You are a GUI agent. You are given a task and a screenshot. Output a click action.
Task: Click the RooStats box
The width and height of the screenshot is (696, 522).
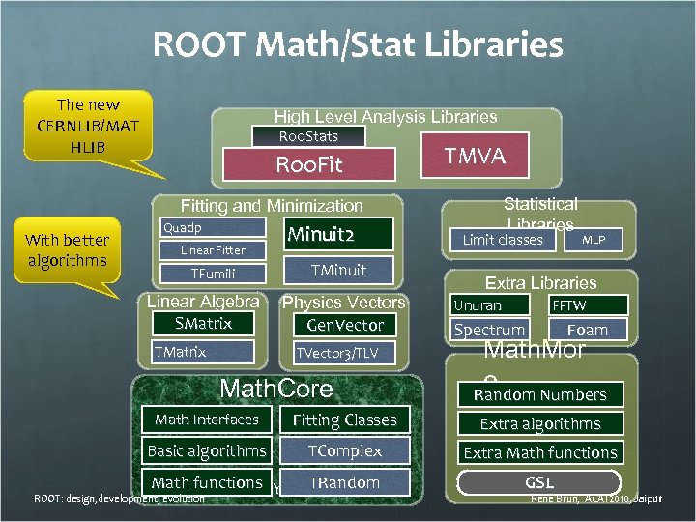coord(308,136)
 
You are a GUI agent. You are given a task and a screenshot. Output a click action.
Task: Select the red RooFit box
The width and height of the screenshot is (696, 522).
coord(309,164)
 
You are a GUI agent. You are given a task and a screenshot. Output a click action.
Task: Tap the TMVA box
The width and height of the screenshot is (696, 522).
coord(475,157)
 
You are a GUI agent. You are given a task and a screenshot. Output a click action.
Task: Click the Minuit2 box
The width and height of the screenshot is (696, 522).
coord(338,235)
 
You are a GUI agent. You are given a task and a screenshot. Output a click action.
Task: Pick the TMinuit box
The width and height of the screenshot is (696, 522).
coord(338,270)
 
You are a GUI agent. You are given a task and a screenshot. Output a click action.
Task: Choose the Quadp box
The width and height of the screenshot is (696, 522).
coord(213,228)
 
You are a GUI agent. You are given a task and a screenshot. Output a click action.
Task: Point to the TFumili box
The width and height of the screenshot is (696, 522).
coord(213,274)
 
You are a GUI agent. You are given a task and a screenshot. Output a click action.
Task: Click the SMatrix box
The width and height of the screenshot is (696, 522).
coord(203,323)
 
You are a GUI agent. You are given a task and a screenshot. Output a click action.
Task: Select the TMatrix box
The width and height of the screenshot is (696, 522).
coord(203,352)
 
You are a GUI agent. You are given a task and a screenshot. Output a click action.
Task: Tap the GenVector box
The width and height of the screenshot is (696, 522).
coord(345,325)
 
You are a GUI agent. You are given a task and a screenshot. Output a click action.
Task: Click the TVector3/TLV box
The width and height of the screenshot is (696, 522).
coord(345,353)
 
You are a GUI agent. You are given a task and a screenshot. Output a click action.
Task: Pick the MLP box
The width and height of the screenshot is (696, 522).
coord(594,239)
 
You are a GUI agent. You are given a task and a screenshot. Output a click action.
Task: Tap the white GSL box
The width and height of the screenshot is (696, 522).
coord(539,481)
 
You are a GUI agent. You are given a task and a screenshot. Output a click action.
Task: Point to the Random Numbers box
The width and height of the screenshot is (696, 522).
coord(539,394)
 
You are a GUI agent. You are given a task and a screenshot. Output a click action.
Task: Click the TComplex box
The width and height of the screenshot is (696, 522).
coord(345,451)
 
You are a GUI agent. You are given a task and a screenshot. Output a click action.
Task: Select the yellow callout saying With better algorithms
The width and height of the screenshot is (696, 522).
coord(68,249)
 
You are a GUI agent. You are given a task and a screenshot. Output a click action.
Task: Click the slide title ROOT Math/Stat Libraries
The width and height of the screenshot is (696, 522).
coord(358,44)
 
